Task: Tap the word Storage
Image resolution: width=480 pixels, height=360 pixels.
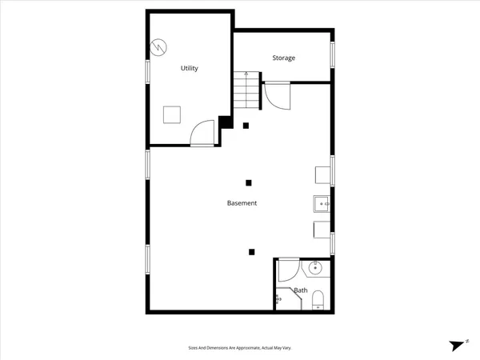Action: [283, 58]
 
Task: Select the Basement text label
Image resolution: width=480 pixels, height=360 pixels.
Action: [242, 203]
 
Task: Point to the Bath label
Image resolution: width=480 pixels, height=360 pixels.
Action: [300, 290]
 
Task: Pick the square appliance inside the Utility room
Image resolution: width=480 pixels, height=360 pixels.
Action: [172, 114]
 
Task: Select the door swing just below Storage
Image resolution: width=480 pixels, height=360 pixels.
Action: [277, 96]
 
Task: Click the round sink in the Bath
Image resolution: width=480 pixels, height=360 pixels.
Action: [315, 268]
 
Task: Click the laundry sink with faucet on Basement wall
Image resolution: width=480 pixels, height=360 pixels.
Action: [322, 204]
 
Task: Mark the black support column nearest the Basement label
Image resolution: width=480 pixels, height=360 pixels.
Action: [249, 182]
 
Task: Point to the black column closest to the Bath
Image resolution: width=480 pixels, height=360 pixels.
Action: [251, 252]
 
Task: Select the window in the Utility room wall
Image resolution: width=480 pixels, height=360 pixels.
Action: [147, 71]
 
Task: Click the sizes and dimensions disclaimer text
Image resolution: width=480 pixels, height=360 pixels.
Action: [239, 348]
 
